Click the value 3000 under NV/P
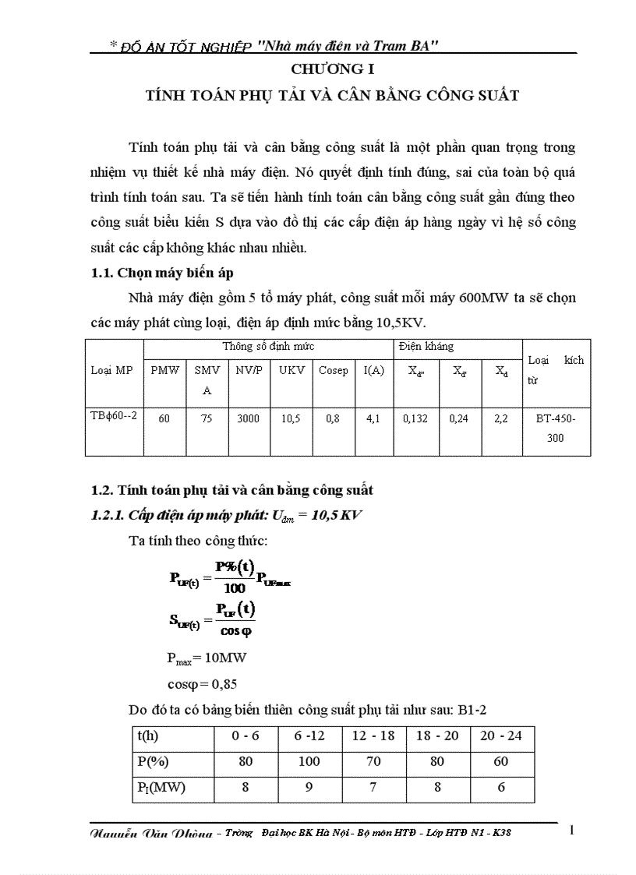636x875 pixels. [249, 419]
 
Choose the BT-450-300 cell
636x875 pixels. [556, 429]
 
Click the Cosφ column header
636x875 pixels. [334, 371]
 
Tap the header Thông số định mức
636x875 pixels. [268, 346]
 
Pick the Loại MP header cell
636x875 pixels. [112, 370]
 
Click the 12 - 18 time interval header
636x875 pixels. [373, 736]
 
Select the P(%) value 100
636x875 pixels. [309, 761]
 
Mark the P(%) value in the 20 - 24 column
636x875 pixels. [502, 761]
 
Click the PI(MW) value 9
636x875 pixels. [309, 788]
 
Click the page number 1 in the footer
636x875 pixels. [571, 831]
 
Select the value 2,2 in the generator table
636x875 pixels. [501, 419]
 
